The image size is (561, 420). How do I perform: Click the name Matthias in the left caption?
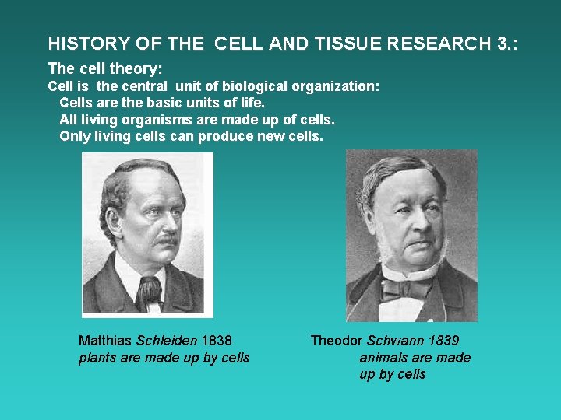105,341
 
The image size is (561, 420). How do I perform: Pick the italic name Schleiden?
168,341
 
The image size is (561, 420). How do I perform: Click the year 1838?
217,341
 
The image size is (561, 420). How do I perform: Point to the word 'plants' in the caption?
97,358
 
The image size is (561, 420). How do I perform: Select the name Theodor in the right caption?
337,341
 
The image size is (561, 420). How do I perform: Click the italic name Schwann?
395,341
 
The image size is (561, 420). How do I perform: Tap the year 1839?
443,341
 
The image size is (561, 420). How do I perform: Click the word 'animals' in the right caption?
383,358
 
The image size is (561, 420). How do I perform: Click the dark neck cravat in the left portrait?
148,290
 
